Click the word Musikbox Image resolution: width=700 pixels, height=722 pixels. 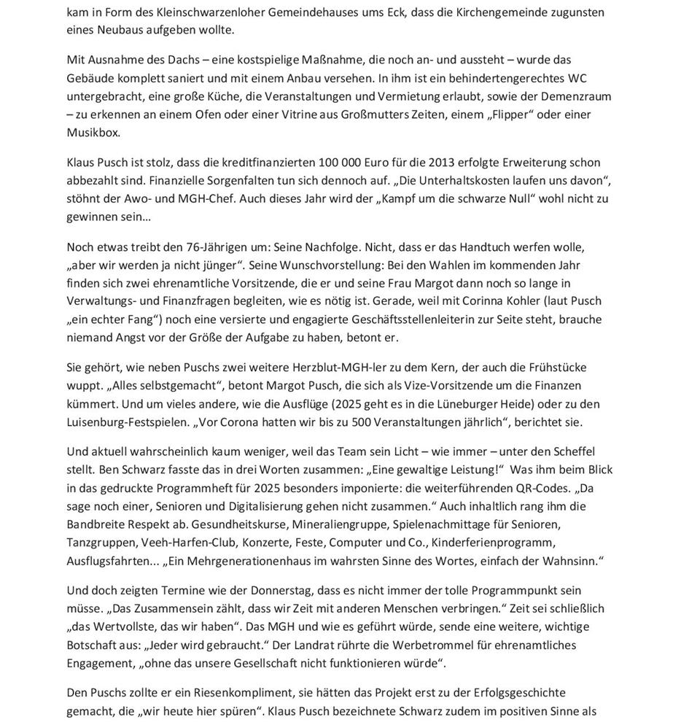pos(93,133)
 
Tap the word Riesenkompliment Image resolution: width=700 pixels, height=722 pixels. pos(227,692)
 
